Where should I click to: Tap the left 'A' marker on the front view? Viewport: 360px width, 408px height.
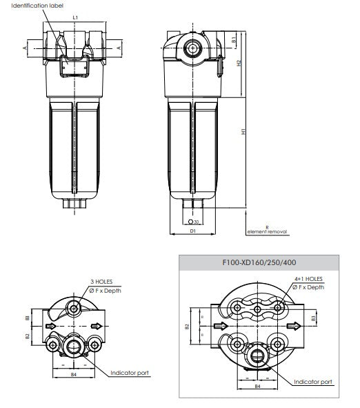(x=25, y=47)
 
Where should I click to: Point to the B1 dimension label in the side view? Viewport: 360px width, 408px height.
(x=234, y=41)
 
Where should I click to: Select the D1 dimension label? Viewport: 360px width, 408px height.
(x=193, y=231)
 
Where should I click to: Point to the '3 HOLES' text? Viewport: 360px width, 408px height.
(x=101, y=282)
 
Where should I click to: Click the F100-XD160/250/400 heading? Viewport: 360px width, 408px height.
(x=259, y=262)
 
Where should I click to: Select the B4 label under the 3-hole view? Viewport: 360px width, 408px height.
(x=74, y=373)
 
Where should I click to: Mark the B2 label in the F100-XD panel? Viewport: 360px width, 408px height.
(x=187, y=327)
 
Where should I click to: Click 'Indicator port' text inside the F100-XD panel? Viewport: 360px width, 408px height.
(x=313, y=381)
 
